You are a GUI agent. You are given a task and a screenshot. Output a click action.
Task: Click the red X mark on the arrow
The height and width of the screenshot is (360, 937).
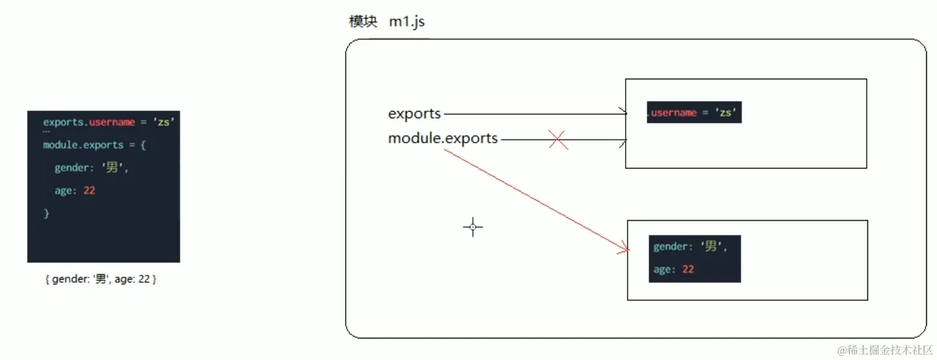point(558,140)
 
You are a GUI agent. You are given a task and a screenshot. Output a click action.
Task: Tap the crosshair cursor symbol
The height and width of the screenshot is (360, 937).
point(473,227)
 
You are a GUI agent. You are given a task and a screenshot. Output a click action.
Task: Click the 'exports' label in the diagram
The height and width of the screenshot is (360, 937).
point(415,113)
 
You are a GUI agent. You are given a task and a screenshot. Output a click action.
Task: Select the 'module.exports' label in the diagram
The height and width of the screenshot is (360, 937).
point(443,139)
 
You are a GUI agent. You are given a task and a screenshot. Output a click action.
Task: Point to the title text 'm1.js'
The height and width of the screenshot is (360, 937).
point(407,22)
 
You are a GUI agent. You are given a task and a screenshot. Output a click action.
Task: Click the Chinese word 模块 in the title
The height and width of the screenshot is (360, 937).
point(364,22)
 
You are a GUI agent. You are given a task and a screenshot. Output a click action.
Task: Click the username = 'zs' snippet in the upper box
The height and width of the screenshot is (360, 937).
point(694,112)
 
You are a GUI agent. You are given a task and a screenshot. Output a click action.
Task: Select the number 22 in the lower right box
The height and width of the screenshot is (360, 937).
point(687,269)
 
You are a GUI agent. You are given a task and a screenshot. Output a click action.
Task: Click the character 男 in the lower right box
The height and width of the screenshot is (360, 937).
point(711,246)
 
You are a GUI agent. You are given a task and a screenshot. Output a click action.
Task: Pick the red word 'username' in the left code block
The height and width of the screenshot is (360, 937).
point(112,122)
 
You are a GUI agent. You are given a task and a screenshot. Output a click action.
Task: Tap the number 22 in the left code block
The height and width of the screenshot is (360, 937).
point(89,191)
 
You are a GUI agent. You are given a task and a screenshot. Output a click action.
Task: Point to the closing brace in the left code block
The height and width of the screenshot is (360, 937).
point(46,214)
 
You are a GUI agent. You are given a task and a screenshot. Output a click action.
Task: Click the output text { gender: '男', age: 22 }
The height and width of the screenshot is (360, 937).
point(100,280)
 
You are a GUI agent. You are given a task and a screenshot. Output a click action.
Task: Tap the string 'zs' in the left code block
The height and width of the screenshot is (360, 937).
point(164,122)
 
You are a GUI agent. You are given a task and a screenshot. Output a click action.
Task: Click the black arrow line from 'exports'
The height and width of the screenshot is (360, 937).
point(534,113)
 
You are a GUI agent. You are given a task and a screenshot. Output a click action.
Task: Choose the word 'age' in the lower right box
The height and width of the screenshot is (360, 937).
point(662,269)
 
